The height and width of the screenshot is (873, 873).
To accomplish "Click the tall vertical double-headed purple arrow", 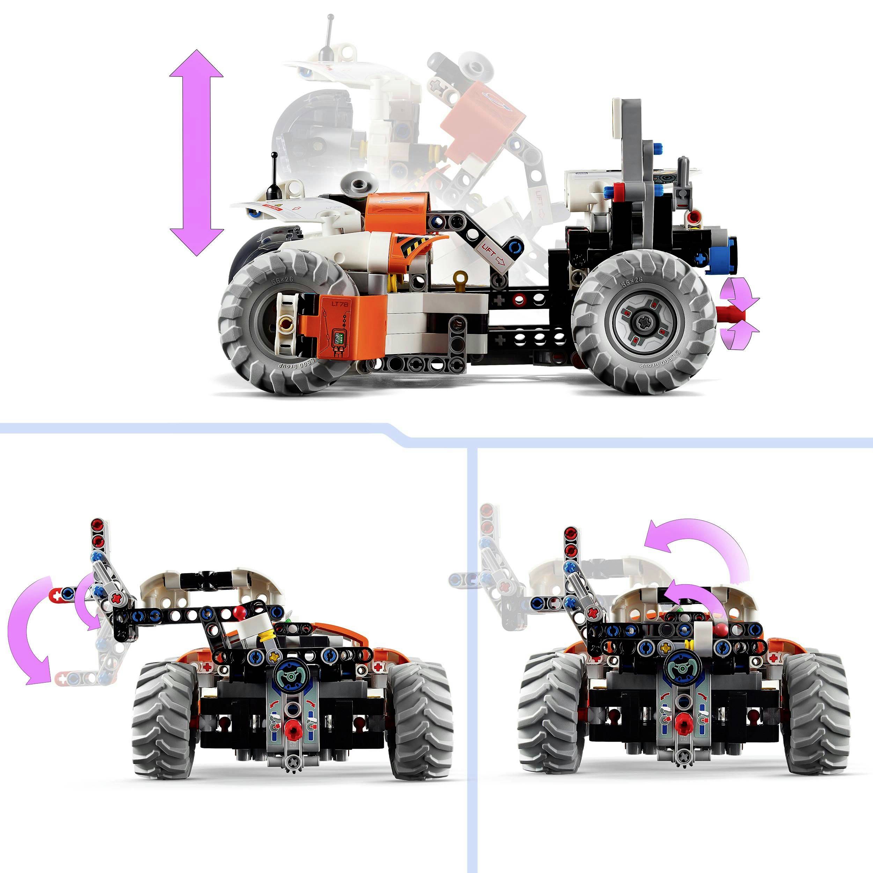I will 196,153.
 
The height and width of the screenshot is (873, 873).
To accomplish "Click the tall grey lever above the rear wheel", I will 633,149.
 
